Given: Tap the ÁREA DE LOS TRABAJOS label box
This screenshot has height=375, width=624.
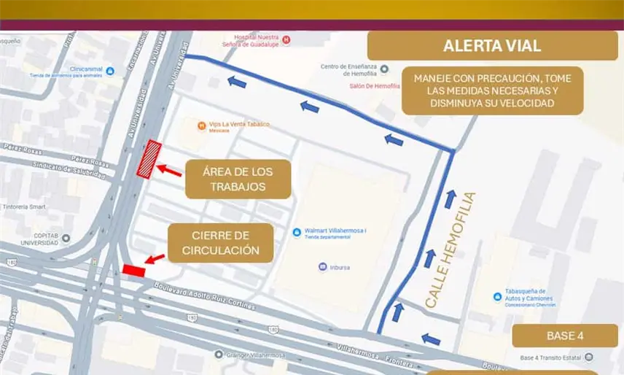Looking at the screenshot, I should [x=238, y=179].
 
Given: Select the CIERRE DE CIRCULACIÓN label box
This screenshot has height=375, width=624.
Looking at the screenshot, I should [x=221, y=243].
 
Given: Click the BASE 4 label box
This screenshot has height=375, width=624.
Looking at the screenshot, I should [x=564, y=336].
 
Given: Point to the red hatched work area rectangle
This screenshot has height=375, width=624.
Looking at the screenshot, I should [x=153, y=159].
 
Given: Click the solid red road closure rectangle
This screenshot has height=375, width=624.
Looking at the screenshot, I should [x=133, y=270].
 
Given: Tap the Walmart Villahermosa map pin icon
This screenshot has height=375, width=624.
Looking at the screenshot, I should [x=297, y=232].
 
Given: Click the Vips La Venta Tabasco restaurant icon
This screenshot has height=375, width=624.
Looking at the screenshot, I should [x=201, y=125].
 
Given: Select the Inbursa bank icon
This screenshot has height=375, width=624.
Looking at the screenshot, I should [x=322, y=267].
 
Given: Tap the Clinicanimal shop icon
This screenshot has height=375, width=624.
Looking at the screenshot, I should [x=110, y=71].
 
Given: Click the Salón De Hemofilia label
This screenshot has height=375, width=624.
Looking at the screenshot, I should [x=375, y=86].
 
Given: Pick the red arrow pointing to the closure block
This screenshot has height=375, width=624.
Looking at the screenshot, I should [x=155, y=259].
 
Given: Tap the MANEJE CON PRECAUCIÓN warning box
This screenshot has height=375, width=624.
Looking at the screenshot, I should [x=492, y=90].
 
